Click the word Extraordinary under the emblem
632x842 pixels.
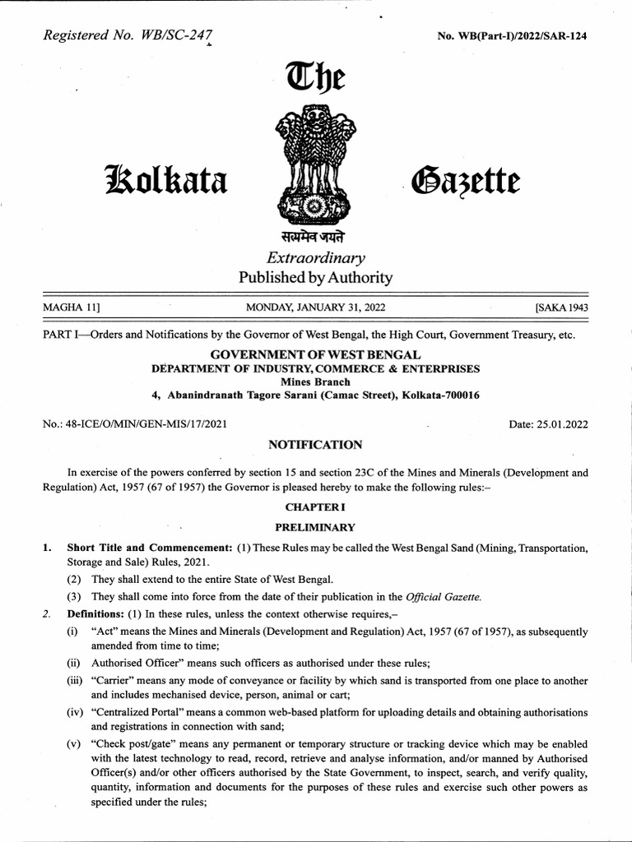[x=315, y=258]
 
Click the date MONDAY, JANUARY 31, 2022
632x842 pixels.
[x=315, y=308]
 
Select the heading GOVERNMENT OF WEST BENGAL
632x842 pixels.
[x=315, y=354]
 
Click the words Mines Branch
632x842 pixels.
[x=315, y=382]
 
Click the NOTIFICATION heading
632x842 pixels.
[x=315, y=445]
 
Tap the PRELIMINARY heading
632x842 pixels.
[x=315, y=527]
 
